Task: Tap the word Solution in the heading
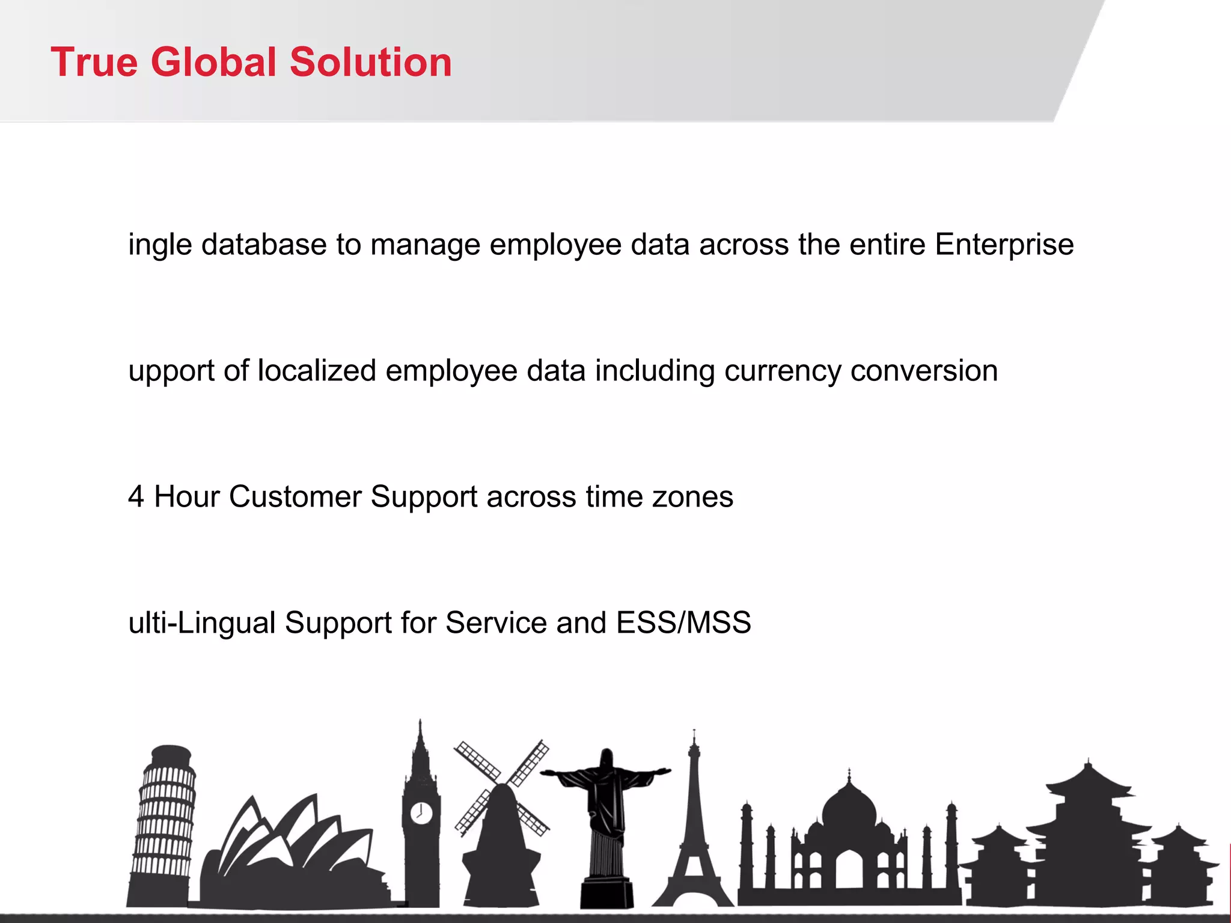click(x=370, y=62)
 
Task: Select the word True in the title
click(x=94, y=62)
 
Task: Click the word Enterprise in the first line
click(x=1004, y=245)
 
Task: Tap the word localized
click(x=317, y=371)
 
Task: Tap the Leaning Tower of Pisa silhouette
click(x=163, y=823)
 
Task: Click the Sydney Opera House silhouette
click(x=289, y=853)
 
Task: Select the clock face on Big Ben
click(x=421, y=812)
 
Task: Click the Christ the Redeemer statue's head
click(x=606, y=758)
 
